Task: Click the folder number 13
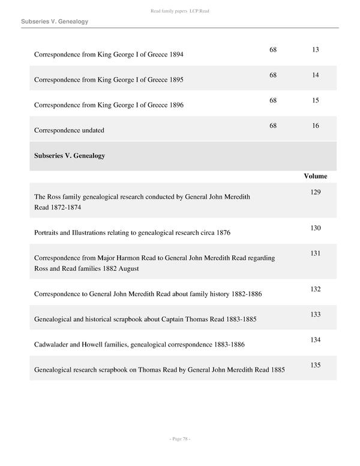coord(316,49)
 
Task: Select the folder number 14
coord(316,75)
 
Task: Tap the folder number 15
coord(316,100)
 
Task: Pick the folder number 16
coord(316,126)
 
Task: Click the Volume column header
coord(316,176)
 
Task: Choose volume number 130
coord(316,228)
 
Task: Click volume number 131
coord(316,253)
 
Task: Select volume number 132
coord(316,289)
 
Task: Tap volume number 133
coord(316,315)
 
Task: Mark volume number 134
coord(316,340)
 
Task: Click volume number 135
coord(316,365)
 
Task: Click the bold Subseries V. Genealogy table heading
coord(70,156)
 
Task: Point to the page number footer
coord(180,439)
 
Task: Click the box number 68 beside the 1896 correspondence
coord(273,100)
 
